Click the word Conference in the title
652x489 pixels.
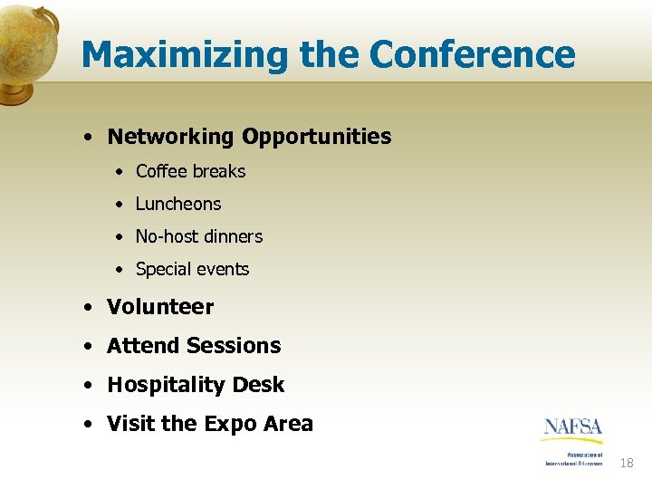tap(472, 54)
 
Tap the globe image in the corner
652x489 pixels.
tap(28, 50)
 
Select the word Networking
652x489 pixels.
tap(170, 137)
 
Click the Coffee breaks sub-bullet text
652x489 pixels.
tap(190, 171)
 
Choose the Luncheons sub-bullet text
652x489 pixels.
tap(178, 204)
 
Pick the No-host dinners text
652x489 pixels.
tap(198, 236)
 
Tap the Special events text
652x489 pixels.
tap(192, 269)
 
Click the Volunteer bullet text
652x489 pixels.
tap(160, 307)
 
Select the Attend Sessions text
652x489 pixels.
tap(194, 346)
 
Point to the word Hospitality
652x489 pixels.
tap(166, 386)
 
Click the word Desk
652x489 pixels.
tap(258, 385)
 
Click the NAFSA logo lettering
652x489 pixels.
tap(572, 427)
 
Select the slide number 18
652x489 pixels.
tap(627, 464)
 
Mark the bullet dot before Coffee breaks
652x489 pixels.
tap(120, 172)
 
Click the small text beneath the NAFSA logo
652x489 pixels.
tap(573, 458)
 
